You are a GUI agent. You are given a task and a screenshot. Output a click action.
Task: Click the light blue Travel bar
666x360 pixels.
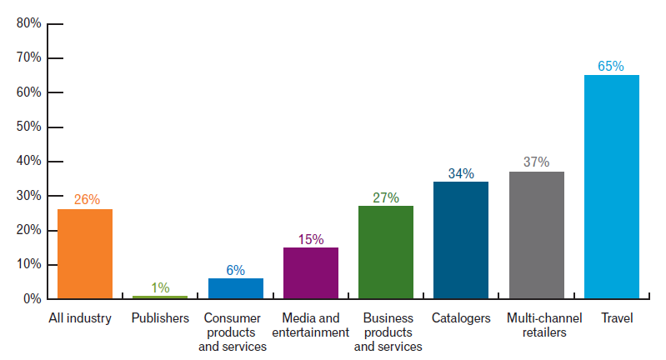coord(611,187)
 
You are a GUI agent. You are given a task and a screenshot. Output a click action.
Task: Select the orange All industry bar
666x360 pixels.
coord(85,253)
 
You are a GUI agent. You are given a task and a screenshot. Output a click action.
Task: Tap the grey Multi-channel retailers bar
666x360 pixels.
coord(536,235)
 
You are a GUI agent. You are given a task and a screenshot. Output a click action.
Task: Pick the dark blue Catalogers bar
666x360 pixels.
coord(461,240)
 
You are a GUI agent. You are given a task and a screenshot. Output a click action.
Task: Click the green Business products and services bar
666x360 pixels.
coord(385,252)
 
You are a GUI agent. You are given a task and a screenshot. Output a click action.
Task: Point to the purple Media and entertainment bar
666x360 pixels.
coord(310,272)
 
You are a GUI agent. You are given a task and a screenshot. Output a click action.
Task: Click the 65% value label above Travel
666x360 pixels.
coord(611,66)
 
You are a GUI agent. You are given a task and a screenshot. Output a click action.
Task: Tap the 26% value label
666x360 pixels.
coord(86,199)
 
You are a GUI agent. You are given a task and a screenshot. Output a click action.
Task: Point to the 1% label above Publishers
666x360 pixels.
coord(160,287)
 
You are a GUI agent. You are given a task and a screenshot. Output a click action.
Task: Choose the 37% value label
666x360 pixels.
coord(536,162)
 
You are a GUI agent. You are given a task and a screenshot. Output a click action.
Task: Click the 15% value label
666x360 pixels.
coord(310,239)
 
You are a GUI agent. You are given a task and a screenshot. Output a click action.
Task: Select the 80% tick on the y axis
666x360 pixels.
coord(28,23)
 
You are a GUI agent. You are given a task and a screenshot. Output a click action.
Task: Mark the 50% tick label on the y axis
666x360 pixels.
coord(28,127)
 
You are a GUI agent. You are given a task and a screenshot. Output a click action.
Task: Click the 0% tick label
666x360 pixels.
coord(32,298)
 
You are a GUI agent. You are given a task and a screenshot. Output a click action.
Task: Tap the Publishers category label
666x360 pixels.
coord(160,318)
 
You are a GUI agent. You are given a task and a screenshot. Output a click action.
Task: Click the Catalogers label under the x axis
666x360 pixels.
coord(461,318)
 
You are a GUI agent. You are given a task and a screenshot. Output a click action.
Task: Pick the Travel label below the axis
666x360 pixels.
coord(611,318)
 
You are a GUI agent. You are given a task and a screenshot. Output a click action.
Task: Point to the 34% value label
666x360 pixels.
coord(461,173)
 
